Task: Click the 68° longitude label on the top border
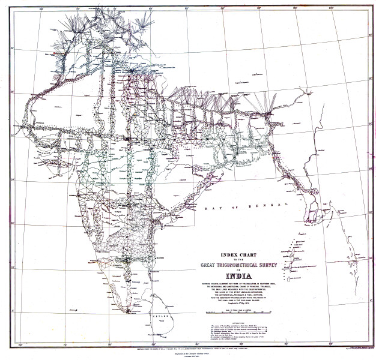point(40,8)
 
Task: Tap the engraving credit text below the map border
point(188,355)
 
